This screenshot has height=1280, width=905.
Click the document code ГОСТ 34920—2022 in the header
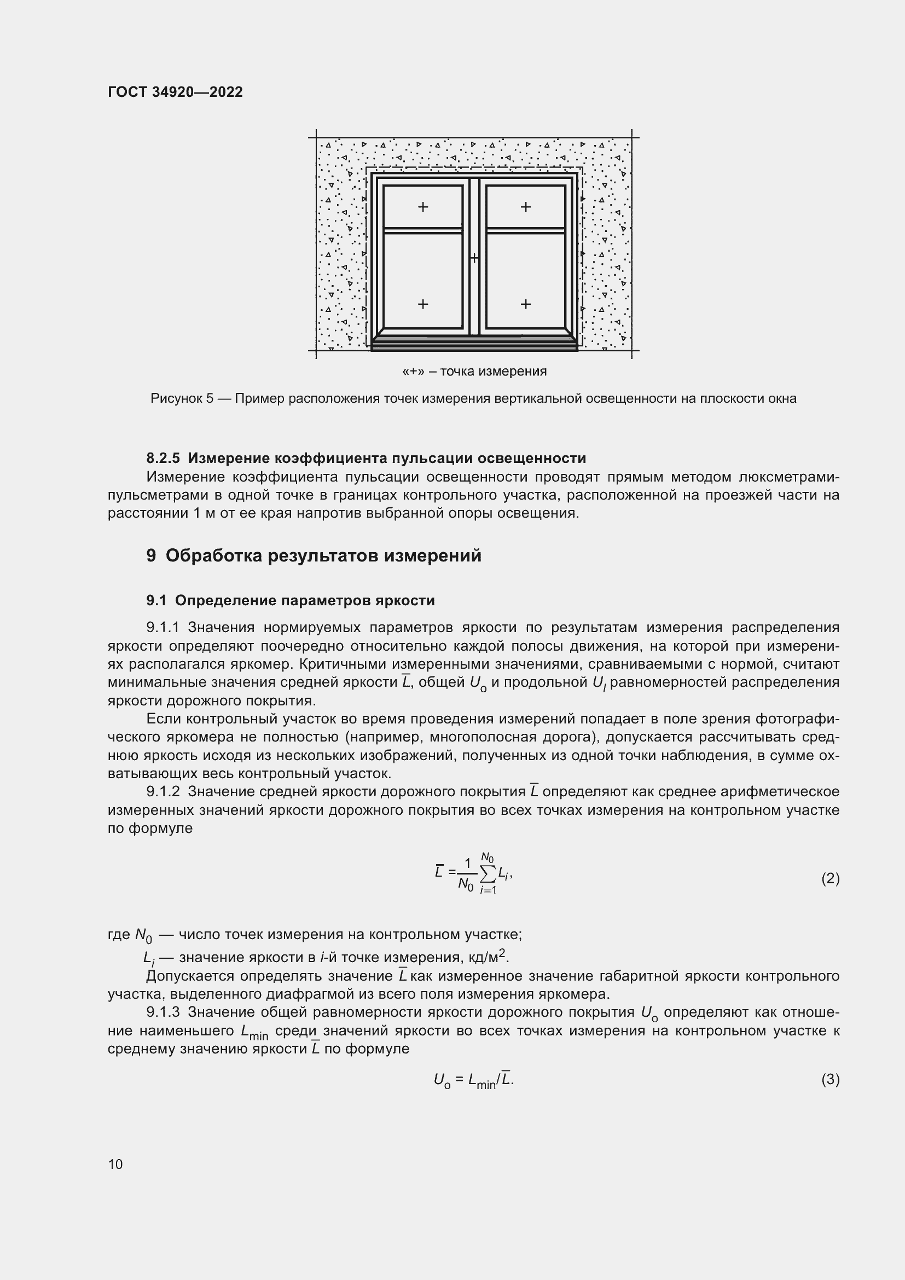(x=175, y=92)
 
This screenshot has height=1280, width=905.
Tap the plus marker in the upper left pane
(x=423, y=207)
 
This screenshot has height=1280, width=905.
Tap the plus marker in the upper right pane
(x=525, y=207)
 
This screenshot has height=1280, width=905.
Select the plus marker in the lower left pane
(x=423, y=304)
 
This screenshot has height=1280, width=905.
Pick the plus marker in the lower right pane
(x=525, y=304)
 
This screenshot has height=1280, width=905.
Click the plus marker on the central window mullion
(x=474, y=258)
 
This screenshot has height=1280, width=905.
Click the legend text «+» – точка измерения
(x=474, y=371)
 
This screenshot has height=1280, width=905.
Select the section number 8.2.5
(x=163, y=458)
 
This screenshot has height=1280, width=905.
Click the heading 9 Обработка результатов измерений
(x=314, y=556)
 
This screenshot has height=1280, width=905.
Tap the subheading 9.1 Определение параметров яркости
(x=291, y=600)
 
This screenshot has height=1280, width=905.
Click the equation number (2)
(x=830, y=879)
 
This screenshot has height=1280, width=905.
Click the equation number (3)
(x=830, y=1079)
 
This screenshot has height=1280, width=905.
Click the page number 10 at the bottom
(x=115, y=1164)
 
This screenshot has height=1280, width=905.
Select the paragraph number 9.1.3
(x=163, y=1012)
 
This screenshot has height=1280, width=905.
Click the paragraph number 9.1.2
(x=163, y=792)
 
